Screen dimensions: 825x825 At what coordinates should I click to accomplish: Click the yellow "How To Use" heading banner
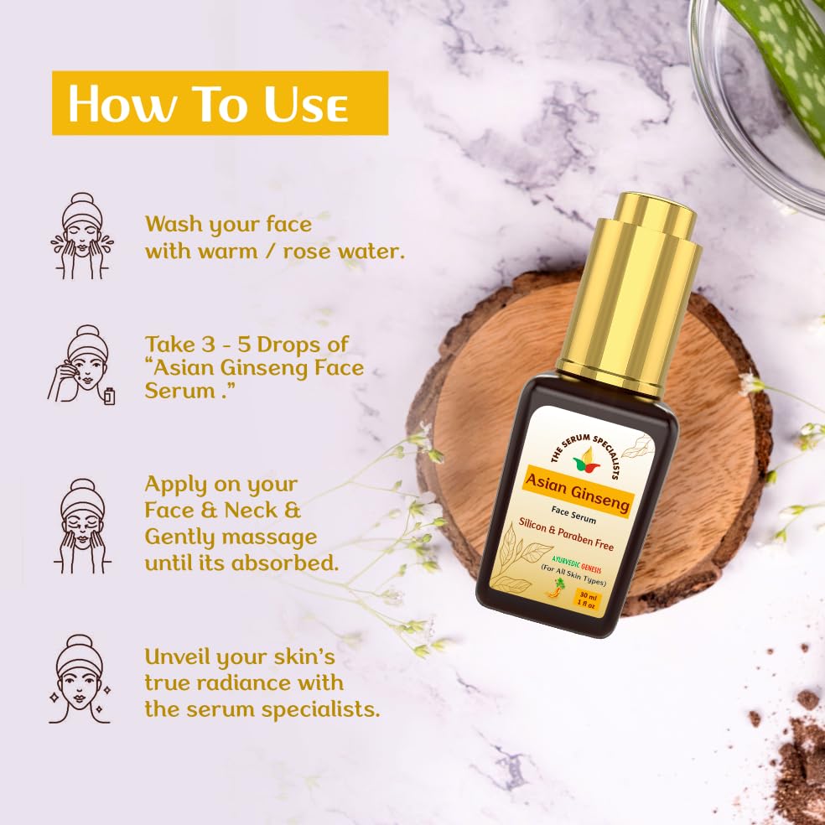[x=220, y=102]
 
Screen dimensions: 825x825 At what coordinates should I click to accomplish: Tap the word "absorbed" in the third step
[x=285, y=563]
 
